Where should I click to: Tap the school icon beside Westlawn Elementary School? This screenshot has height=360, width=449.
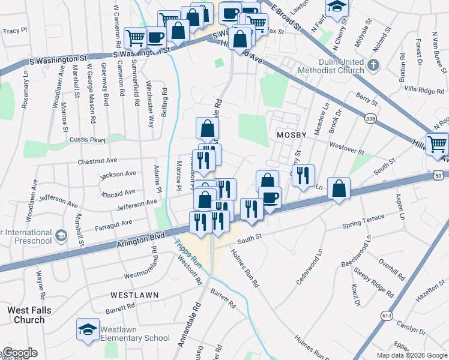click(88, 329)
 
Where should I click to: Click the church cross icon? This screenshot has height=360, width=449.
click(373, 65)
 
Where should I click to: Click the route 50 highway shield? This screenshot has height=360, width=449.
click(440, 175)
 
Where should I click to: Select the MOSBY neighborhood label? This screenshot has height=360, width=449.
click(292, 135)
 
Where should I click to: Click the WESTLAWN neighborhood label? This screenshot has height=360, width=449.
click(134, 295)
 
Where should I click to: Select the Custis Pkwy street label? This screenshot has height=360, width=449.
click(88, 139)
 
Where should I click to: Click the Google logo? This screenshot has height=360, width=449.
click(20, 353)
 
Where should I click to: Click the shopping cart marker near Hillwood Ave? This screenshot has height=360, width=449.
click(438, 144)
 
